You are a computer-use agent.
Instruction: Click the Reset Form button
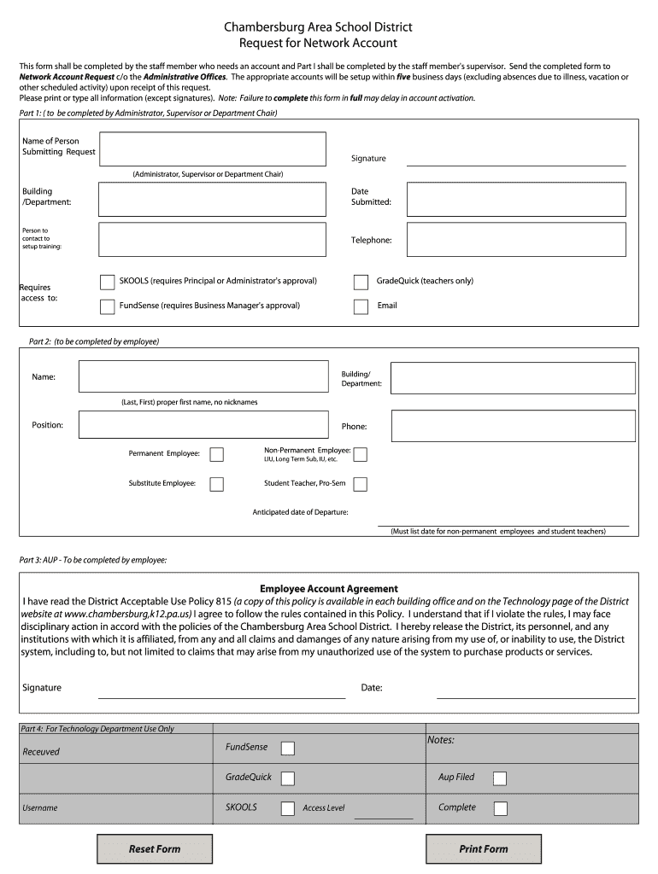155,849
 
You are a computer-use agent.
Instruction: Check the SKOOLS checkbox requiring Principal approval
108,282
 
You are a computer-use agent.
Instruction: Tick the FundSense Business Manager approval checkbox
108,306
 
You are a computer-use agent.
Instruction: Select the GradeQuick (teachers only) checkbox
361,282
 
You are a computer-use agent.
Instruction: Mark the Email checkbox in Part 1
361,306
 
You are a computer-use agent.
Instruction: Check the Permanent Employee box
217,454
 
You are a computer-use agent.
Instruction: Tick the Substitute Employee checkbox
217,484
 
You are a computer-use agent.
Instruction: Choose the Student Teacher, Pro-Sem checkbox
361,484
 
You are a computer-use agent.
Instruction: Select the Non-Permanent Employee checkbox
361,454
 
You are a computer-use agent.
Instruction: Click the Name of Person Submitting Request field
213,149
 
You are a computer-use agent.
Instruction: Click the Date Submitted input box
521,199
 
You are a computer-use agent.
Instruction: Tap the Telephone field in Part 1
521,240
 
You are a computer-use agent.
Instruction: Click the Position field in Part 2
203,425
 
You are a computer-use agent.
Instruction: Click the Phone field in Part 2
513,426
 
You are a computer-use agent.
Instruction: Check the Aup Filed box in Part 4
500,778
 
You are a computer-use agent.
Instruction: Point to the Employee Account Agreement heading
329,589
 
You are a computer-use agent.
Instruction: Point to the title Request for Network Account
318,43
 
